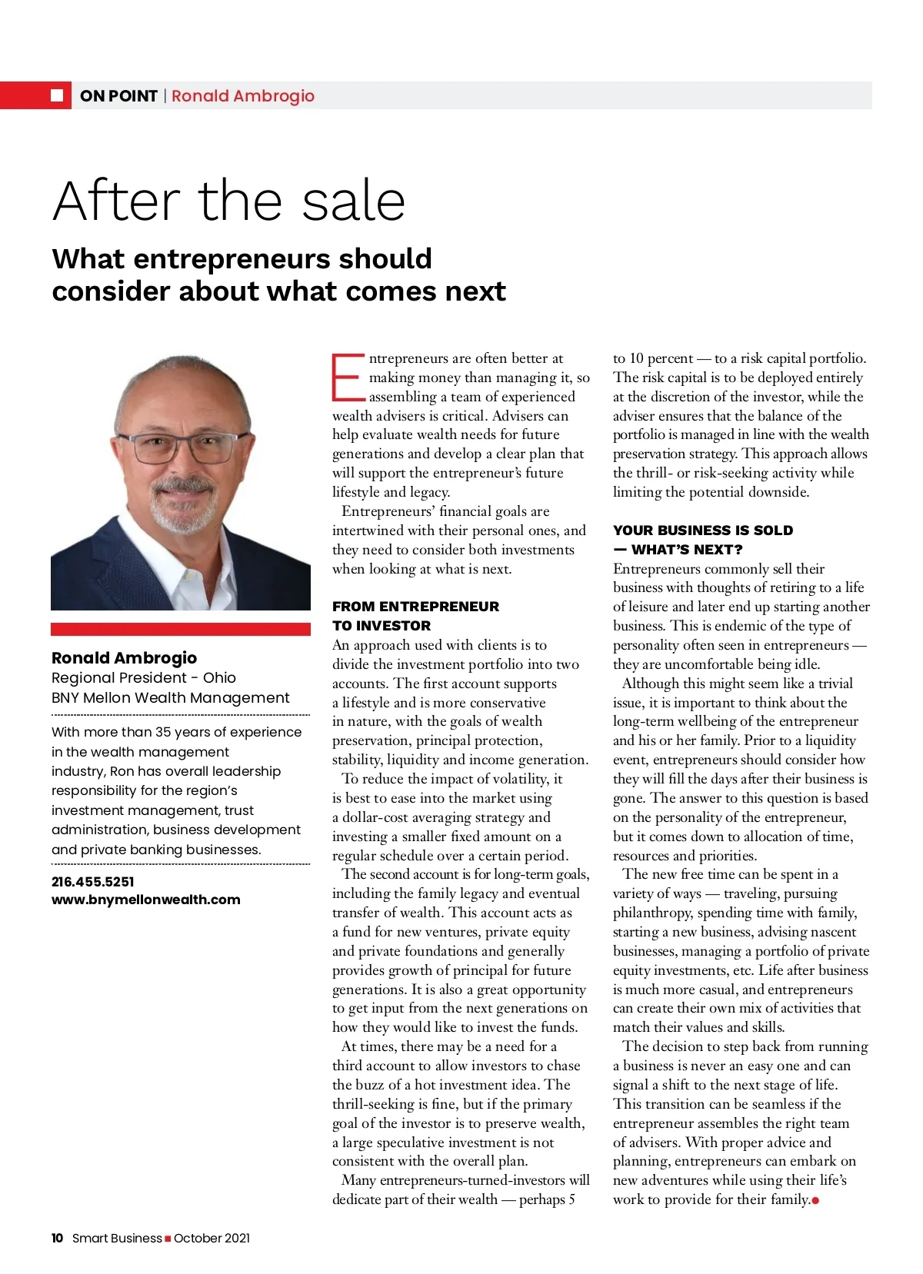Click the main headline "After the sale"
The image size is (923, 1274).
point(228,201)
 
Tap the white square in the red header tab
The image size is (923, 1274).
point(57,95)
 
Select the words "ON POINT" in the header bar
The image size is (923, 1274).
point(118,96)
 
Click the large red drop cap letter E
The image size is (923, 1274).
point(348,378)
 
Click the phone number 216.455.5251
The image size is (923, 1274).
point(92,882)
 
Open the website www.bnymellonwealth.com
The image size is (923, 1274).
point(145,900)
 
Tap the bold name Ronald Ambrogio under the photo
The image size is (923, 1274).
point(124,657)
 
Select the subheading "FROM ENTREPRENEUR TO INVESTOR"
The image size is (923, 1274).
point(415,616)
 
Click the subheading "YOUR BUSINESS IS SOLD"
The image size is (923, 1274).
point(702,531)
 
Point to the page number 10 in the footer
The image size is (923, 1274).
point(58,1238)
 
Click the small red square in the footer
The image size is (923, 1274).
point(168,1239)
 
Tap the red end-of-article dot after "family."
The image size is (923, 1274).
point(815,1200)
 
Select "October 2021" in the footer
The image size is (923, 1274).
point(212,1238)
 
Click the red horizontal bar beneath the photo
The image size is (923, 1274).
point(180,629)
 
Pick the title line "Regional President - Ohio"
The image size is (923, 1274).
point(144,677)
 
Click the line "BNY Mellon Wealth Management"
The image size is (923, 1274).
point(170,697)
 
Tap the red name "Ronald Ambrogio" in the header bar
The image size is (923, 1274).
point(243,96)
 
